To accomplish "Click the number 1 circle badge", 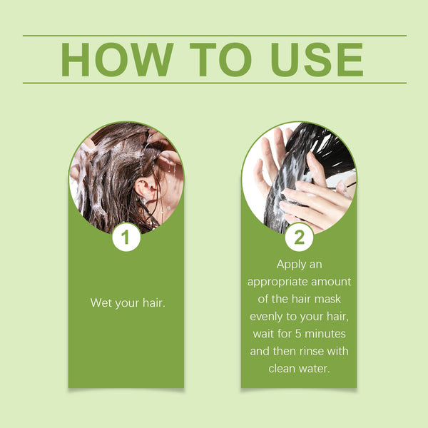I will [x=126, y=238].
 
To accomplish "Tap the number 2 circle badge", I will [x=299, y=238].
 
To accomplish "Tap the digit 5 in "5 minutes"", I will [x=300, y=333].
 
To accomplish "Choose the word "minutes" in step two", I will [x=327, y=333].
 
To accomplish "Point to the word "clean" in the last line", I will [x=283, y=368].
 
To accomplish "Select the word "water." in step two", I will [x=316, y=368].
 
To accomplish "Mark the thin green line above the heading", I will [x=214, y=36].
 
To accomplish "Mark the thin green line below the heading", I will [x=214, y=83].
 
